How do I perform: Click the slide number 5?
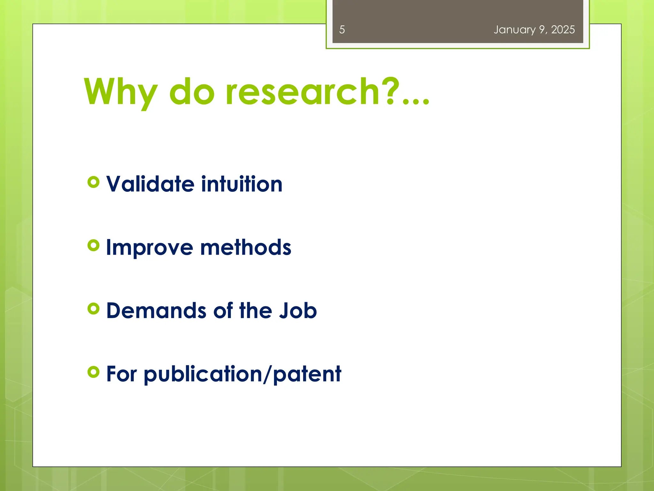(x=342, y=30)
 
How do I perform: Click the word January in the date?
(x=514, y=30)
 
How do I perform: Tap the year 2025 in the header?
(x=563, y=30)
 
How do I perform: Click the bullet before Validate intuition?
(x=93, y=182)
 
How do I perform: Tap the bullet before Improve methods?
(x=93, y=245)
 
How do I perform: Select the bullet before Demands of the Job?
(x=93, y=309)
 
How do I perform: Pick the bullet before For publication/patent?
(x=93, y=372)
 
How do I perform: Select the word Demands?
(x=156, y=311)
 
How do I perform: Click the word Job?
(x=298, y=311)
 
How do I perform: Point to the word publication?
(x=203, y=375)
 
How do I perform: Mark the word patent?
(x=307, y=374)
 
